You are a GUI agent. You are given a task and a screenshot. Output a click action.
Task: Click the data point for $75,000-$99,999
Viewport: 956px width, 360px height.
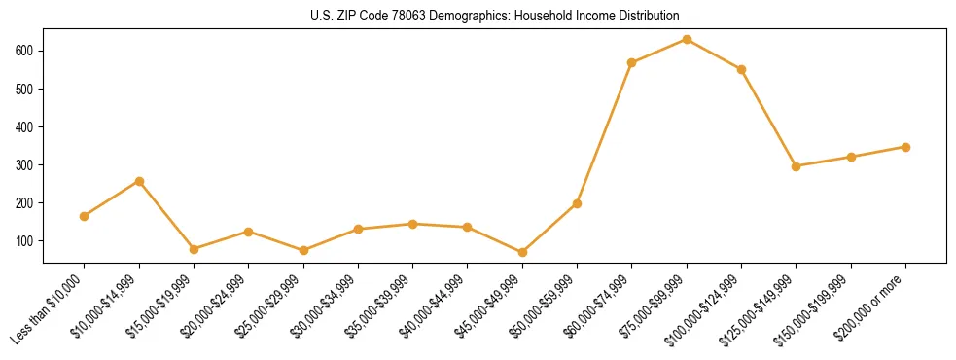tap(687, 39)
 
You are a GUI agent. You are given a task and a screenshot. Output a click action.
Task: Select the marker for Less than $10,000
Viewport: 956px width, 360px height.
tap(85, 216)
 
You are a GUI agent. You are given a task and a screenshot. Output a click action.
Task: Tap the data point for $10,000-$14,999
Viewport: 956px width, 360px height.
tap(139, 181)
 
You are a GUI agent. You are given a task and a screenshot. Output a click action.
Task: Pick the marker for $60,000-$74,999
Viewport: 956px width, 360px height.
tap(632, 62)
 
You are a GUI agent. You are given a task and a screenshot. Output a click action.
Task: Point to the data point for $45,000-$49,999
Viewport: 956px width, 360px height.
tap(522, 252)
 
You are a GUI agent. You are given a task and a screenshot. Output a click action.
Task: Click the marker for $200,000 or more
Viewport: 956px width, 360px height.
tap(905, 147)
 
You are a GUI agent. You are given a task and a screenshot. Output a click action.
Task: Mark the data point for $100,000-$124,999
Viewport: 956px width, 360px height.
tap(741, 69)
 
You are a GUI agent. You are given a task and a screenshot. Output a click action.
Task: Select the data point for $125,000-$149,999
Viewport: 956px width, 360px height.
tap(796, 166)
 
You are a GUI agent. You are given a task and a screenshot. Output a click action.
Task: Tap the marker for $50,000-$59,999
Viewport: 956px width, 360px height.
tap(577, 203)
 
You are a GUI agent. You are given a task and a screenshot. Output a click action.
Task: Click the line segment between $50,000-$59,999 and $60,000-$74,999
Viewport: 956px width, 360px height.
tap(605, 132)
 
